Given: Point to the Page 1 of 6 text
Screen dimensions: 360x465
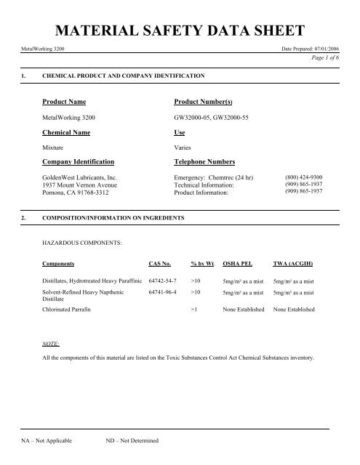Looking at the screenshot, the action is click(x=335, y=58).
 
